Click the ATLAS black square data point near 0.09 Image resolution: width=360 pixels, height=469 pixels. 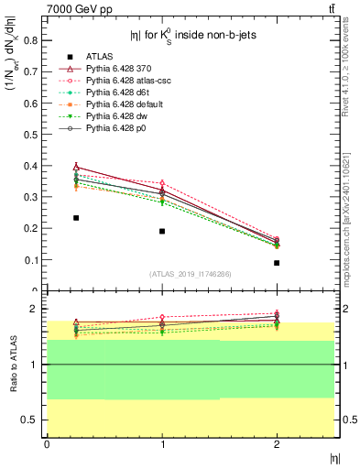pos(277,263)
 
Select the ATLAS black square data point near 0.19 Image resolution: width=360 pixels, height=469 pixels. pos(162,231)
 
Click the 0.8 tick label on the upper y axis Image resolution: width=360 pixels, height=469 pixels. pos(31,39)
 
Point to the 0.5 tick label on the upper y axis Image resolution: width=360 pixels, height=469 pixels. pos(31,134)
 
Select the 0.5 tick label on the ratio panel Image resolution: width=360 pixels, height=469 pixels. pos(31,420)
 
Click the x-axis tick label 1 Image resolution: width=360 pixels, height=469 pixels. pos(162,444)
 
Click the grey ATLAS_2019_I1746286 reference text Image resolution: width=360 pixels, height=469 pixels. pos(191,274)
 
